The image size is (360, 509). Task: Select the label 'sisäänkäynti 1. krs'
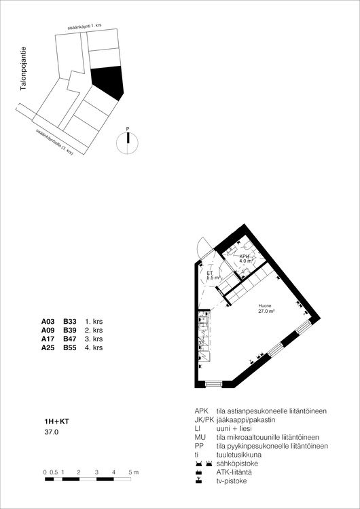point(85,26)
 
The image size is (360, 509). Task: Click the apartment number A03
point(48,322)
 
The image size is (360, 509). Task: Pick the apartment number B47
point(69,339)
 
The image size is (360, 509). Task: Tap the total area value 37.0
point(51,432)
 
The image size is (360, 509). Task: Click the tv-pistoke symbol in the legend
point(198,481)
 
